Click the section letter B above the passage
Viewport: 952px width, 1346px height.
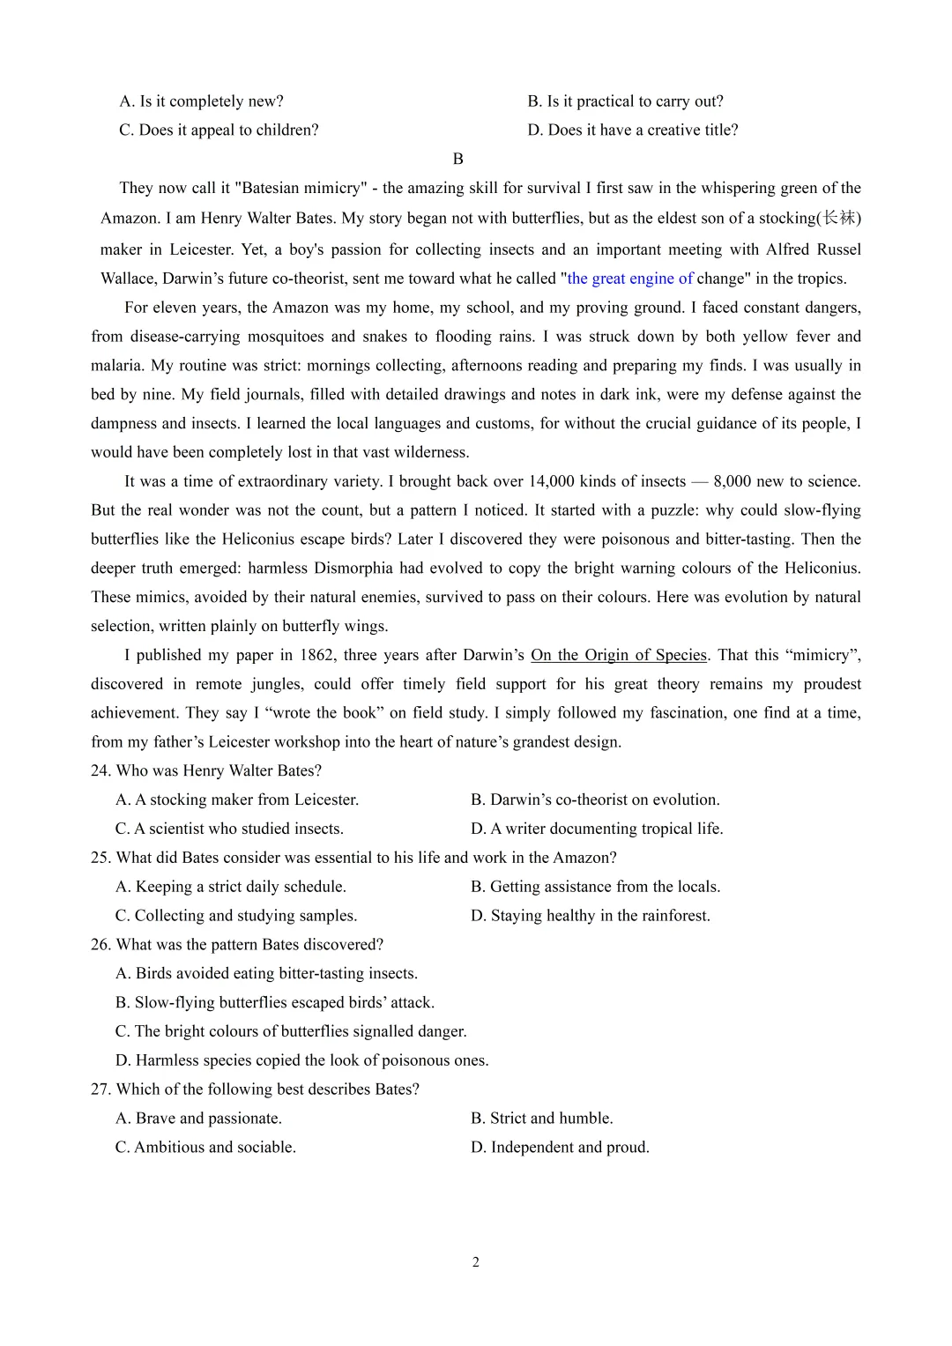pyautogui.click(x=457, y=159)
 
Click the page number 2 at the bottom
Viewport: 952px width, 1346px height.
pyautogui.click(x=476, y=1262)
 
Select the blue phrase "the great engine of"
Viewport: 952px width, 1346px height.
pyautogui.click(x=629, y=279)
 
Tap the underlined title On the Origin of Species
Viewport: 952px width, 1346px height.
pyautogui.click(x=619, y=655)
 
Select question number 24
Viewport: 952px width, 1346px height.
pyautogui.click(x=100, y=770)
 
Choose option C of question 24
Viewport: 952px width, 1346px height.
pyautogui.click(x=229, y=829)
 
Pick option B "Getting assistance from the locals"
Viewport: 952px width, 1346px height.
pyautogui.click(x=595, y=887)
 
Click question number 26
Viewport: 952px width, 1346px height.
pyautogui.click(x=100, y=944)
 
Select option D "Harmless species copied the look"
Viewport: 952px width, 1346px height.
pyautogui.click(x=301, y=1060)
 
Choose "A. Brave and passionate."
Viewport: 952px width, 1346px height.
pyautogui.click(x=198, y=1119)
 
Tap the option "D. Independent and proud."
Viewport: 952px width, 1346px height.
pyautogui.click(x=560, y=1148)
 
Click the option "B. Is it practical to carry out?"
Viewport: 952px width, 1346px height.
pyautogui.click(x=625, y=101)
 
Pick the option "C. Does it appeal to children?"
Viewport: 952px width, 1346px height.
pyautogui.click(x=219, y=130)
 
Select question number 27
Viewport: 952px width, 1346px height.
pyautogui.click(x=100, y=1089)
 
